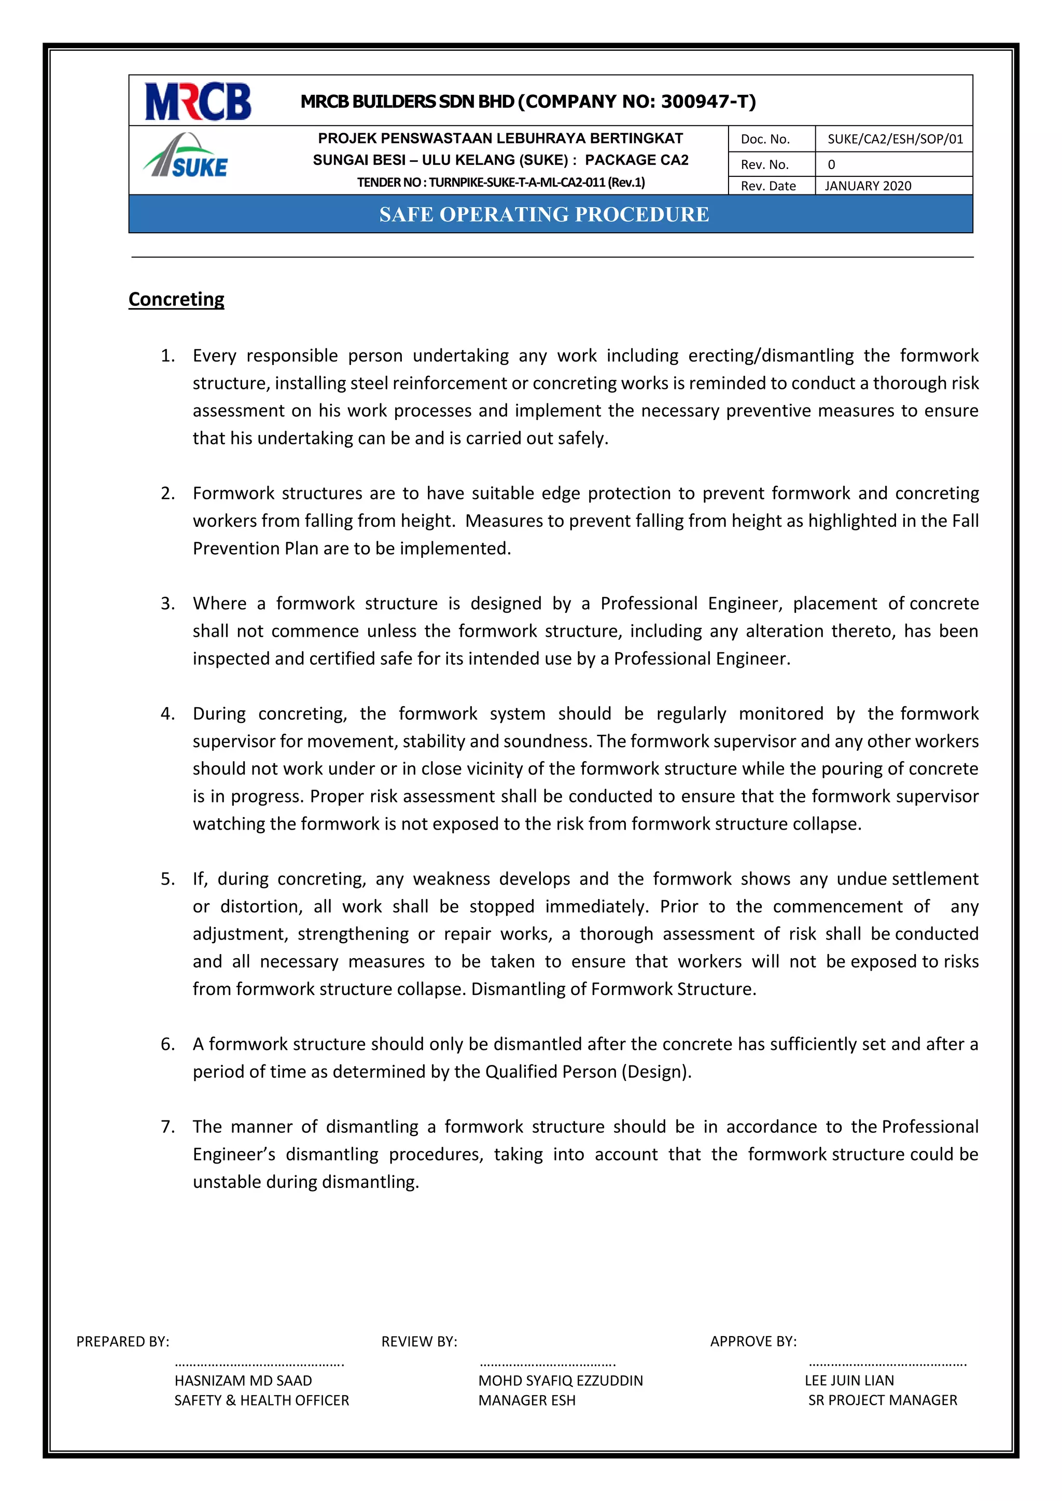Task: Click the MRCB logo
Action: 198,101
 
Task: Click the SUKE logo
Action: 186,157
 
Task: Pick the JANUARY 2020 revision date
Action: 867,186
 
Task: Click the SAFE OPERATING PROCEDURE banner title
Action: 544,215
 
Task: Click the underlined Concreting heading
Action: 176,299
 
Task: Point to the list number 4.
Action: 167,714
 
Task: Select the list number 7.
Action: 167,1127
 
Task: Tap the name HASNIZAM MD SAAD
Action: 243,1380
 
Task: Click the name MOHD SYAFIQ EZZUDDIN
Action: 561,1380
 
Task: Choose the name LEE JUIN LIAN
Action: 849,1380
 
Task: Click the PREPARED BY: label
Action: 122,1341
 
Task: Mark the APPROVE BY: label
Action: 753,1341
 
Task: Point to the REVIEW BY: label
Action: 419,1341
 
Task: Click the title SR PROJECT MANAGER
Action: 882,1400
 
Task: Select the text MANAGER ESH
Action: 526,1400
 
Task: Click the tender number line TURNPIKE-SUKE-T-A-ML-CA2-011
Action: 501,183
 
